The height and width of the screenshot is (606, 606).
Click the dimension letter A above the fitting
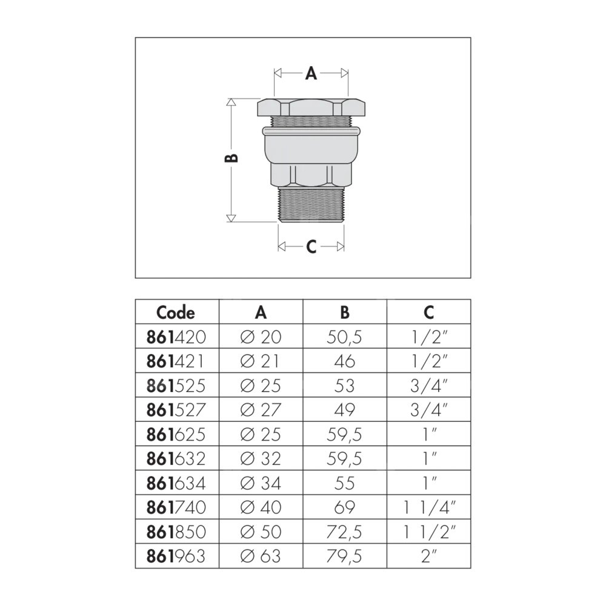311,73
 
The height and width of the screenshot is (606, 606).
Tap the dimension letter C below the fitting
311,246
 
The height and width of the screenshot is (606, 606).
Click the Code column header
176,312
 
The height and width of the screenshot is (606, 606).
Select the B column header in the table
344,312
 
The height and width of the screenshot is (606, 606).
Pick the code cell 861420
176,337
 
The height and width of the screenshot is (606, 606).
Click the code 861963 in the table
176,556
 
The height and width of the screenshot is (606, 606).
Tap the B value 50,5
344,338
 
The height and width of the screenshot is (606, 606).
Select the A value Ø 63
261,556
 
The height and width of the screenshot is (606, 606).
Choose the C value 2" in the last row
428,556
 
